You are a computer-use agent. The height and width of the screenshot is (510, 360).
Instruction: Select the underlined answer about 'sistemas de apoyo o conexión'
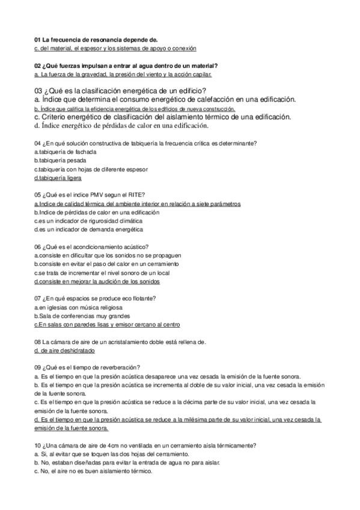pyautogui.click(x=115, y=48)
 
